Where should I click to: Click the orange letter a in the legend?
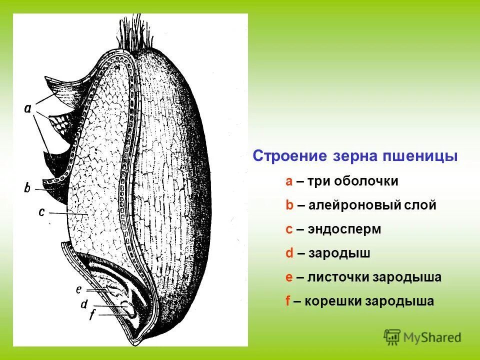(289, 181)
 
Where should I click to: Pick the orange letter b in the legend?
(289, 205)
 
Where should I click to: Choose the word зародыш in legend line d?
(339, 253)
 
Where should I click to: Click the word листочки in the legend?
(338, 277)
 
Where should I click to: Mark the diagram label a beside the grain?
(28, 108)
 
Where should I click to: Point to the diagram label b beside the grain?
(27, 188)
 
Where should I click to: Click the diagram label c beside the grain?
(42, 212)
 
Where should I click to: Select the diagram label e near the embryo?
(78, 289)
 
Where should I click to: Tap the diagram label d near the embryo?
(84, 304)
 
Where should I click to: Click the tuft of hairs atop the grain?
(134, 35)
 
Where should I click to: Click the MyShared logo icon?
(392, 337)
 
